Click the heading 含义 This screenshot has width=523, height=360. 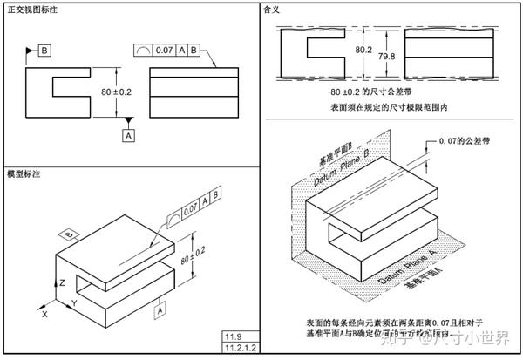(x=271, y=9)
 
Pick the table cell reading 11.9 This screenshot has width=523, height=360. (x=233, y=336)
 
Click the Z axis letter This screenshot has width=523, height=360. (x=62, y=283)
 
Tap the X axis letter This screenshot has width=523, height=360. (x=45, y=311)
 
